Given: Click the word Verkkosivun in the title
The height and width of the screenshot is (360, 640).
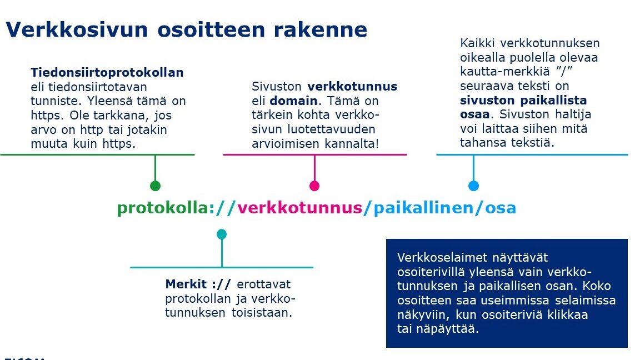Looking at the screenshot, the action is click(x=77, y=29).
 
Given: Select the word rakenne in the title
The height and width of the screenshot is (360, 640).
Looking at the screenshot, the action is click(x=321, y=30).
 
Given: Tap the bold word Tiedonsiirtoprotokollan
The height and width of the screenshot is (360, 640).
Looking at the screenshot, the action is click(x=107, y=73).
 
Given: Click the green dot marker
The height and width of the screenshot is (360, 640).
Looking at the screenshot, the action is click(x=155, y=186).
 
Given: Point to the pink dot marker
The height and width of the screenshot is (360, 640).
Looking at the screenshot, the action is click(x=314, y=186).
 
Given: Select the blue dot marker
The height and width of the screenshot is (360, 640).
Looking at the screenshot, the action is click(x=473, y=186).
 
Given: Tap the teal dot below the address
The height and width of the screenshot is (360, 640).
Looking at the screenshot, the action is click(x=222, y=234).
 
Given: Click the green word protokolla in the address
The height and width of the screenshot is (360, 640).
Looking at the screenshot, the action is click(x=163, y=208).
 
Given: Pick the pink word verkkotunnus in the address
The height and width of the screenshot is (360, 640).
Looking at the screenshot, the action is click(x=299, y=208).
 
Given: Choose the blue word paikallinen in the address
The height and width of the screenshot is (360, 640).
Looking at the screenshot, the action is click(x=423, y=208).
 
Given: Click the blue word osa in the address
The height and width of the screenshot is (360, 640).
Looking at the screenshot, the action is click(x=501, y=208).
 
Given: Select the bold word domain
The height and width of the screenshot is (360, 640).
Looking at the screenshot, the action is click(x=293, y=101).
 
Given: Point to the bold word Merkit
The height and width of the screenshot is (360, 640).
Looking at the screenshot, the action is click(x=186, y=284).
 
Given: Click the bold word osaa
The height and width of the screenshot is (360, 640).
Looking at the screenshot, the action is click(x=475, y=114).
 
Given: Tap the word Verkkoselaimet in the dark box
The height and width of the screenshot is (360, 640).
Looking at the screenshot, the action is click(x=442, y=258).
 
